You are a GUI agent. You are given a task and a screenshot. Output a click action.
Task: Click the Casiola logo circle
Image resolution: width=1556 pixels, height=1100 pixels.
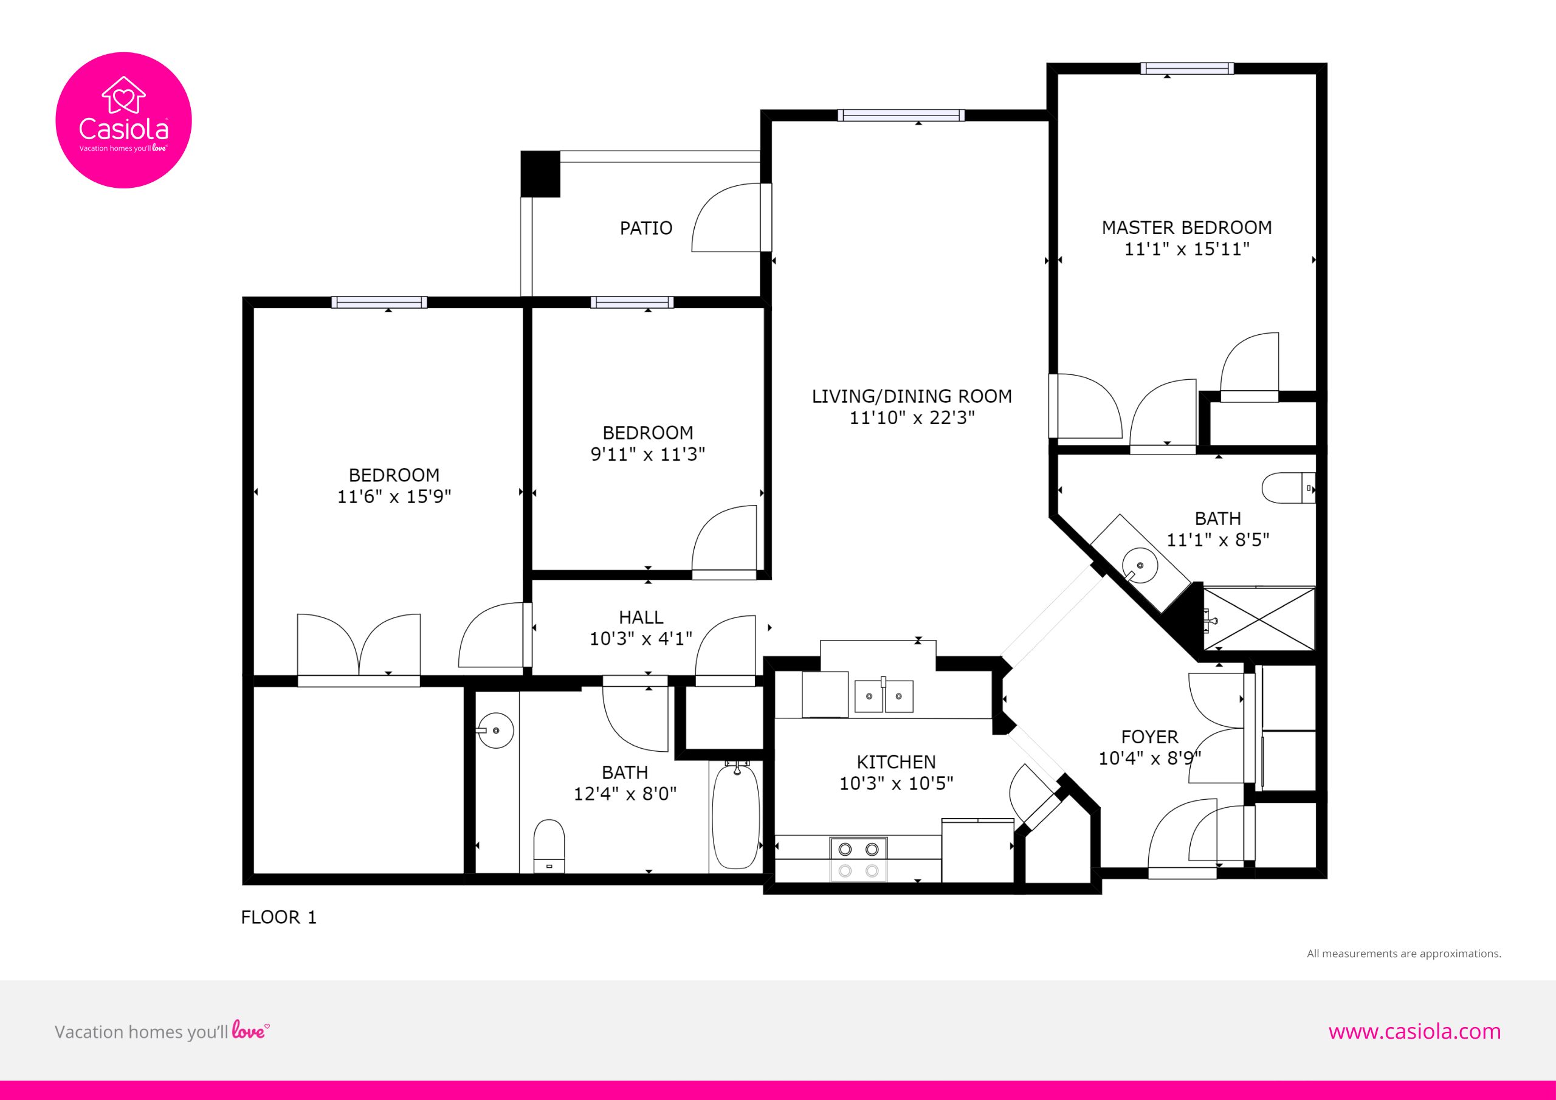coord(123,120)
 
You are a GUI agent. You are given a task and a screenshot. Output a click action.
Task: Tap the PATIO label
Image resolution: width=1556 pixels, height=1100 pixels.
coord(646,228)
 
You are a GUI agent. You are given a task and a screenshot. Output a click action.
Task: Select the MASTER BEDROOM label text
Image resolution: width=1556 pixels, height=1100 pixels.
coord(1186,227)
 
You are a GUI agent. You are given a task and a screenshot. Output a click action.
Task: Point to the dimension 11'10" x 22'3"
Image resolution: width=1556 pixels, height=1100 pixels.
coord(912,418)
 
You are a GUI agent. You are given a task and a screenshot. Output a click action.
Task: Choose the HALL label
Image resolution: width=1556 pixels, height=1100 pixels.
coord(641,617)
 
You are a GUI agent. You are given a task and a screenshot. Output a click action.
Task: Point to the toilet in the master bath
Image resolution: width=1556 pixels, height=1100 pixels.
coord(1289,488)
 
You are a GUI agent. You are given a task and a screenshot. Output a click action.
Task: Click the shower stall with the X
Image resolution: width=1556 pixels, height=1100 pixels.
coord(1259,619)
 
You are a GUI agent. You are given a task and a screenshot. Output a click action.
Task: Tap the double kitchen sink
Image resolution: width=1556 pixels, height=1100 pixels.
coord(883,696)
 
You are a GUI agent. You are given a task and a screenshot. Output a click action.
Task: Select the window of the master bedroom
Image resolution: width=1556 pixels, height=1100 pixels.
coord(1186,68)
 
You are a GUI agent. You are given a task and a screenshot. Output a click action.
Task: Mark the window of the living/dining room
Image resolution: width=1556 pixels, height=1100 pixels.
coord(901,115)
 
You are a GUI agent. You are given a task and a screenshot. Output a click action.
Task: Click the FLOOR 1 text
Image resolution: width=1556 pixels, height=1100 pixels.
coord(278,917)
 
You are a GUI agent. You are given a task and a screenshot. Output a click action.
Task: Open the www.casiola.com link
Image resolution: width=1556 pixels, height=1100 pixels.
coord(1414,1031)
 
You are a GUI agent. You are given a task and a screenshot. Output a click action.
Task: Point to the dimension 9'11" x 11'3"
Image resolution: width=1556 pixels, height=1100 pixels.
coord(648,454)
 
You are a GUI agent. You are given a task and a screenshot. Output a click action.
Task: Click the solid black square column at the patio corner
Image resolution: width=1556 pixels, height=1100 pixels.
coord(540,173)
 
